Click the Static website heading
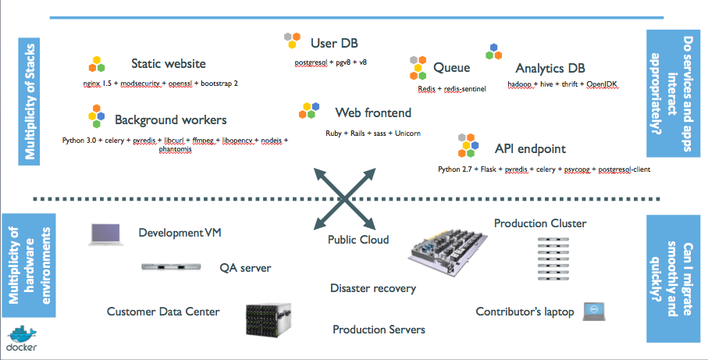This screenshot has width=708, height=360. click(168, 63)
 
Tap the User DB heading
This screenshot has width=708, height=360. click(334, 42)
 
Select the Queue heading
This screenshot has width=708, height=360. click(451, 68)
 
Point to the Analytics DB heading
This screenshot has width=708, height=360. click(550, 68)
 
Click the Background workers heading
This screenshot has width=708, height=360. click(170, 119)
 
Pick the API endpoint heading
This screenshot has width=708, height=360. click(530, 148)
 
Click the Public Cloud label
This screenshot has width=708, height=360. click(358, 240)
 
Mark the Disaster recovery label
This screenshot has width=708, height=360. click(372, 288)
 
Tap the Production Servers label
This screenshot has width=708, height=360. click(379, 330)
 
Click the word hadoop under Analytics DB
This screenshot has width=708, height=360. click(519, 84)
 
